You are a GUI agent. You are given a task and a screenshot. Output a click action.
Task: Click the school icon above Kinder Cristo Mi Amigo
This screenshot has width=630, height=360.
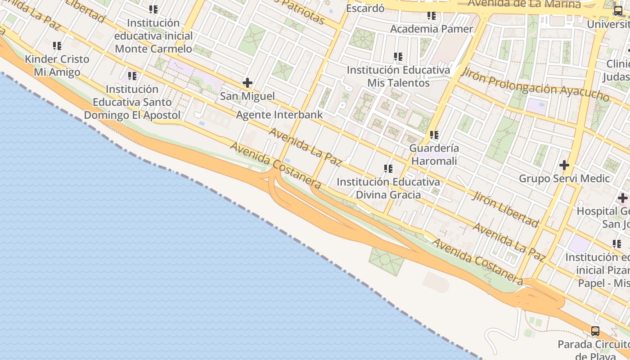pyautogui.click(x=57, y=45)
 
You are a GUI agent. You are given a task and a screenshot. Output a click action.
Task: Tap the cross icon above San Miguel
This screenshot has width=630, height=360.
pyautogui.click(x=247, y=83)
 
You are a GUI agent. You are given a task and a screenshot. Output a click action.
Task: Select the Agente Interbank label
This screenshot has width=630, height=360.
pyautogui.click(x=279, y=114)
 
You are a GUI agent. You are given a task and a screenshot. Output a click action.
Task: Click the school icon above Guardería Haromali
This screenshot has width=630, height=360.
pyautogui.click(x=434, y=135)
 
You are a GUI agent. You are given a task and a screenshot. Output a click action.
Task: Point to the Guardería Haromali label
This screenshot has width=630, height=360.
pyautogui.click(x=434, y=154)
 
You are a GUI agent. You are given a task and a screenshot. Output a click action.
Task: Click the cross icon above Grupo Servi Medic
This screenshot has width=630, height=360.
pyautogui.click(x=564, y=165)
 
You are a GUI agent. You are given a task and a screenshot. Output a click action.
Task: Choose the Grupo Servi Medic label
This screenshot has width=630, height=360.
pyautogui.click(x=564, y=178)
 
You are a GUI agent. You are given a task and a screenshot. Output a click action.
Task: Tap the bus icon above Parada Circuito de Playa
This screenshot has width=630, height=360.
pyautogui.click(x=595, y=331)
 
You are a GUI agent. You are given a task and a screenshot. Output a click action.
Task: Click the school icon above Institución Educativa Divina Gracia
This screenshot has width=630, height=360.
pyautogui.click(x=388, y=169)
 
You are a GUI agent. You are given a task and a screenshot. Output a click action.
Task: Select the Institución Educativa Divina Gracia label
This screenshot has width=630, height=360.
pyautogui.click(x=388, y=188)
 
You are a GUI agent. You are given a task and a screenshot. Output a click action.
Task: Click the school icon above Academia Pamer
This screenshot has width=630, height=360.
pyautogui.click(x=432, y=16)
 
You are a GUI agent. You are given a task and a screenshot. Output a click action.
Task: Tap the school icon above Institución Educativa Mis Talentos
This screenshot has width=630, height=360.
pyautogui.click(x=398, y=57)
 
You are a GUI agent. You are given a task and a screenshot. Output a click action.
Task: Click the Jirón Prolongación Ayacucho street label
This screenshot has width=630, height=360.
pyautogui.click(x=535, y=85)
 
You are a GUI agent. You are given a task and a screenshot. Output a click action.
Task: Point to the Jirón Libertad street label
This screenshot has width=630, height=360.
pyautogui.click(x=505, y=208)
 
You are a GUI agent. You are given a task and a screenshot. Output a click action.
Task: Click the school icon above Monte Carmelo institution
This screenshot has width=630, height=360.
pyautogui.click(x=153, y=9)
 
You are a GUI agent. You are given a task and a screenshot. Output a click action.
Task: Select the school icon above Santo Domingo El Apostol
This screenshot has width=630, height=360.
pyautogui.click(x=132, y=76)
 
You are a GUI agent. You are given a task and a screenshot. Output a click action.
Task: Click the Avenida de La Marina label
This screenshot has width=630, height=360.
pyautogui.click(x=524, y=4)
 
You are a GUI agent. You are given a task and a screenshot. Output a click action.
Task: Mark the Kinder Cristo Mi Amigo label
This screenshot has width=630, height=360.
pyautogui.click(x=57, y=65)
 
